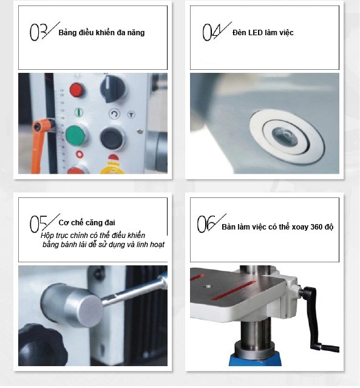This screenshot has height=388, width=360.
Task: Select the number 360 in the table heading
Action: point(318,226)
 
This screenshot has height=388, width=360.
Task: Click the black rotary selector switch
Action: point(113,89)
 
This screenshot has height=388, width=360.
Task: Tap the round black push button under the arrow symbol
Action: point(112,138)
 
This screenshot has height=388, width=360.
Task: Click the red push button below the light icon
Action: point(77,90)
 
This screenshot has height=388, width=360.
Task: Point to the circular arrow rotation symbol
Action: point(115,114)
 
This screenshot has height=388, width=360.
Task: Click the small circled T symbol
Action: point(131,115)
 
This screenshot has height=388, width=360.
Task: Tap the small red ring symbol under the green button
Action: point(79,154)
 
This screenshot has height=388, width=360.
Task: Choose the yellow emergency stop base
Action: point(112,169)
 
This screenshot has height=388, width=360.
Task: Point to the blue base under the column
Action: point(256,360)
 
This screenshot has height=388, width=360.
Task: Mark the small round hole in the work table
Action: point(207,287)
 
